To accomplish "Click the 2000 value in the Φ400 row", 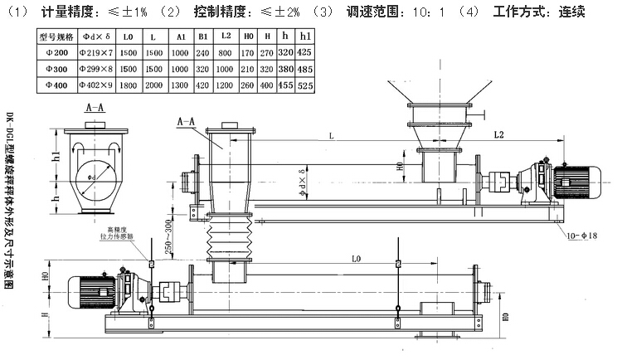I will (x=153, y=85).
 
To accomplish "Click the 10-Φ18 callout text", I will (x=581, y=236).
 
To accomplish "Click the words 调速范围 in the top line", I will (x=376, y=12).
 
